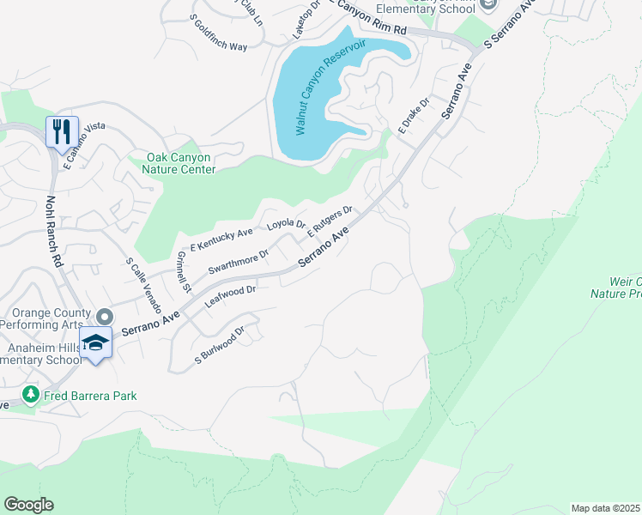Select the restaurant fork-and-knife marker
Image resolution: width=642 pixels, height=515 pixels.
point(62,132)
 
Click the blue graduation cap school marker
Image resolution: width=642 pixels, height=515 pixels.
point(95,342)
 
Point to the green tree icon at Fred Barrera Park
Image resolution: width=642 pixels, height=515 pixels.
point(31,395)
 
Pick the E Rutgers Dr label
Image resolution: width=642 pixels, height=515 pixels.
point(330,221)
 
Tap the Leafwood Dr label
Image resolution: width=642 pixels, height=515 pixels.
point(230,297)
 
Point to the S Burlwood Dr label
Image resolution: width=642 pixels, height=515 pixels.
point(220,344)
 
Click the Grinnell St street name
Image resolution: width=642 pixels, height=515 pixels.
point(181,271)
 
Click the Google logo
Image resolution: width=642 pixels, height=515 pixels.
point(28,505)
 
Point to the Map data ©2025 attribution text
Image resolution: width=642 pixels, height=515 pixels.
point(605,508)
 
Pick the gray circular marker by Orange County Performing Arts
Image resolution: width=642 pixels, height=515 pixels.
point(104,317)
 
